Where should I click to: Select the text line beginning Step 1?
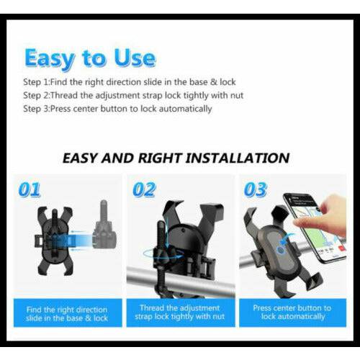tap(129, 82)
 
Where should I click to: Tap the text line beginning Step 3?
tap(117, 109)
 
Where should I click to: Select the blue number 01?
tap(30, 191)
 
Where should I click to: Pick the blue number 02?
tap(144, 191)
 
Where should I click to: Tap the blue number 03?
tap(255, 191)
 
